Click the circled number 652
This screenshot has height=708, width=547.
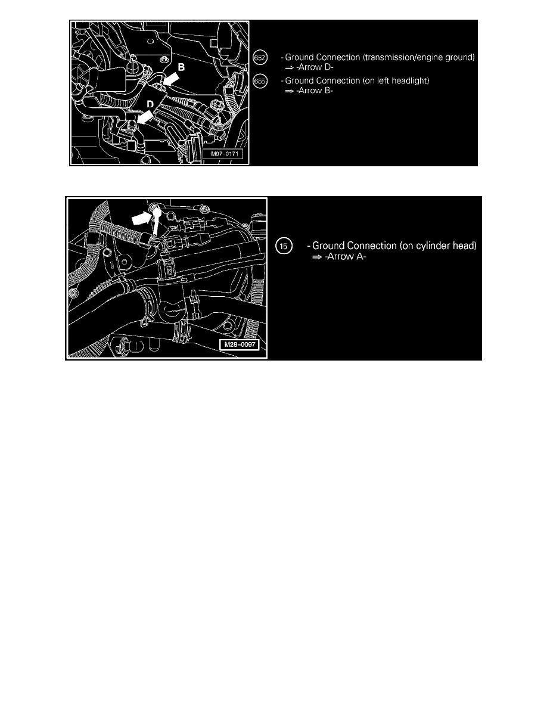point(260,58)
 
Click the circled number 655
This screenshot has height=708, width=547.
point(260,81)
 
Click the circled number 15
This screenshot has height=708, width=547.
point(284,246)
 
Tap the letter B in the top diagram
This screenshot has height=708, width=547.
point(181,67)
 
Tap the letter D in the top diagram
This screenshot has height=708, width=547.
point(150,104)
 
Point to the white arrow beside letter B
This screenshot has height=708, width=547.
point(173,79)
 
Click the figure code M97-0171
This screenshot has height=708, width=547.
point(224,154)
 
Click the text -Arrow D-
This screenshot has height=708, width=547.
point(315,67)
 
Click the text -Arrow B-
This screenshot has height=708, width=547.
point(315,91)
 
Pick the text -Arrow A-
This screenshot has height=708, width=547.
point(345,256)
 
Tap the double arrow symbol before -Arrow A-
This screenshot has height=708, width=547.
point(317,257)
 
